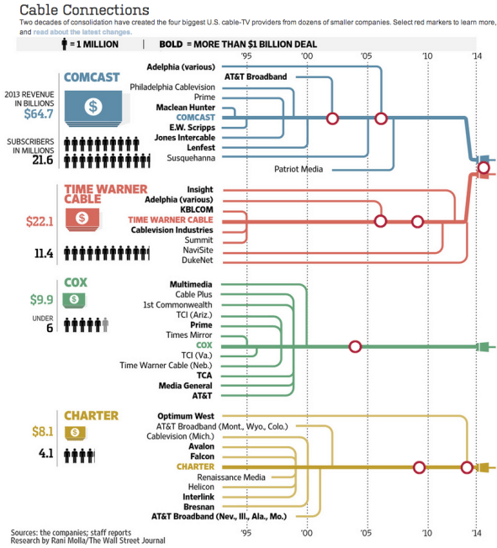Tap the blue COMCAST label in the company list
click(196, 118)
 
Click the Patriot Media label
click(299, 168)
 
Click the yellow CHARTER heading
click(91, 415)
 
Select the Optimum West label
click(186, 415)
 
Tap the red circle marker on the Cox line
click(355, 346)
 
